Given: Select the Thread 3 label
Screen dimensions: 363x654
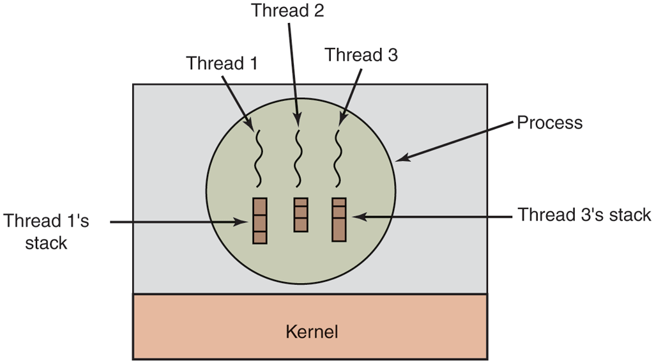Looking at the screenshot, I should click(361, 55).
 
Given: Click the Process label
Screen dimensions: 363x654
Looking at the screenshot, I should click(549, 122).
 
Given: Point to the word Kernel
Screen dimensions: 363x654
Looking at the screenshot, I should click(311, 332).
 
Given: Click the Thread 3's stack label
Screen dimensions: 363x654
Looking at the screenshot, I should click(584, 215).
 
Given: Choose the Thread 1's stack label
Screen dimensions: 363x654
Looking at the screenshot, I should click(46, 231).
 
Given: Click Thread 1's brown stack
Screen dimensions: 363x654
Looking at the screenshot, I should click(259, 220).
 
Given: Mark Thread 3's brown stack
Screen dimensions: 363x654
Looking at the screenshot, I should click(339, 219).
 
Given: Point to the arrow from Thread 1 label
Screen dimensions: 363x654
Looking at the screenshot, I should click(236, 98).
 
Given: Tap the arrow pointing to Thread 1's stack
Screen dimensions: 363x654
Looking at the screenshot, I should click(179, 222).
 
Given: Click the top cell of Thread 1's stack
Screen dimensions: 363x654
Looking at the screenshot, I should click(259, 206).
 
